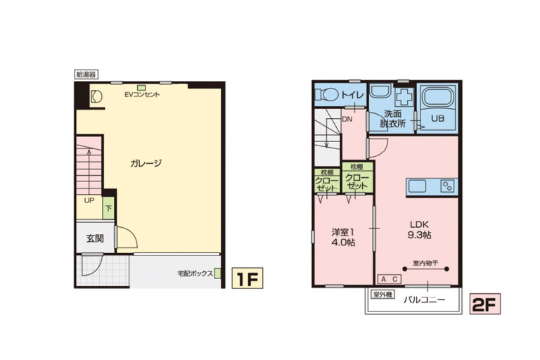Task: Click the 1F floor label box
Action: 247,278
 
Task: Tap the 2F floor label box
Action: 485,304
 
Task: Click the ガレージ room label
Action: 146,163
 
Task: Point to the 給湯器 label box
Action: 86,74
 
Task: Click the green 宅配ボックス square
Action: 218,274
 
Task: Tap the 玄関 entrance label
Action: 95,238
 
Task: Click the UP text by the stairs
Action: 89,200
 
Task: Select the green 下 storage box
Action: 108,208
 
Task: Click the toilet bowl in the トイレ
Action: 328,94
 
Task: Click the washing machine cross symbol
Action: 404,97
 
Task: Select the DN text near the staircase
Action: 347,120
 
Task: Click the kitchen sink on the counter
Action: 418,186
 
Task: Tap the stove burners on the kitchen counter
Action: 448,186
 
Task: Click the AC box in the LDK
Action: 390,279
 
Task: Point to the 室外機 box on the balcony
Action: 383,295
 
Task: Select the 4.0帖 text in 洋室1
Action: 343,243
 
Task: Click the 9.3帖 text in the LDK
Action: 420,235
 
